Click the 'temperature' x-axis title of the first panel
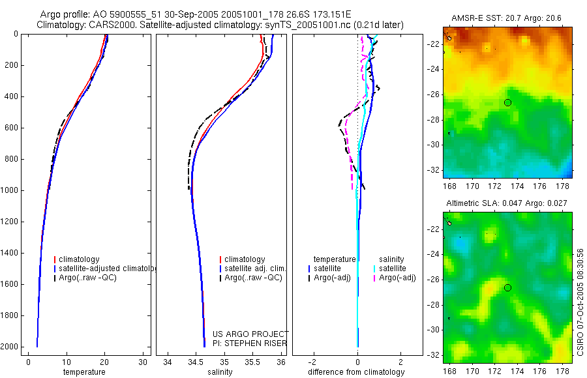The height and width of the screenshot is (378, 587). (83, 372)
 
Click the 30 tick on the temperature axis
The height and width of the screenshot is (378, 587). (143, 362)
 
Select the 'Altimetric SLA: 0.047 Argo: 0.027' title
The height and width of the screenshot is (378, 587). (506, 204)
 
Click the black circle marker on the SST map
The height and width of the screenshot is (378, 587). (507, 102)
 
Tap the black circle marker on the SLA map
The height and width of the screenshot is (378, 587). (507, 287)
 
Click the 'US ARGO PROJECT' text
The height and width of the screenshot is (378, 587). (250, 334)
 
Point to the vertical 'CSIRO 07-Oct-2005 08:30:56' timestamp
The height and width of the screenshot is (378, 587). (581, 301)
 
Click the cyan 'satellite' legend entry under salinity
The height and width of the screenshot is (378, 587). (392, 269)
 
